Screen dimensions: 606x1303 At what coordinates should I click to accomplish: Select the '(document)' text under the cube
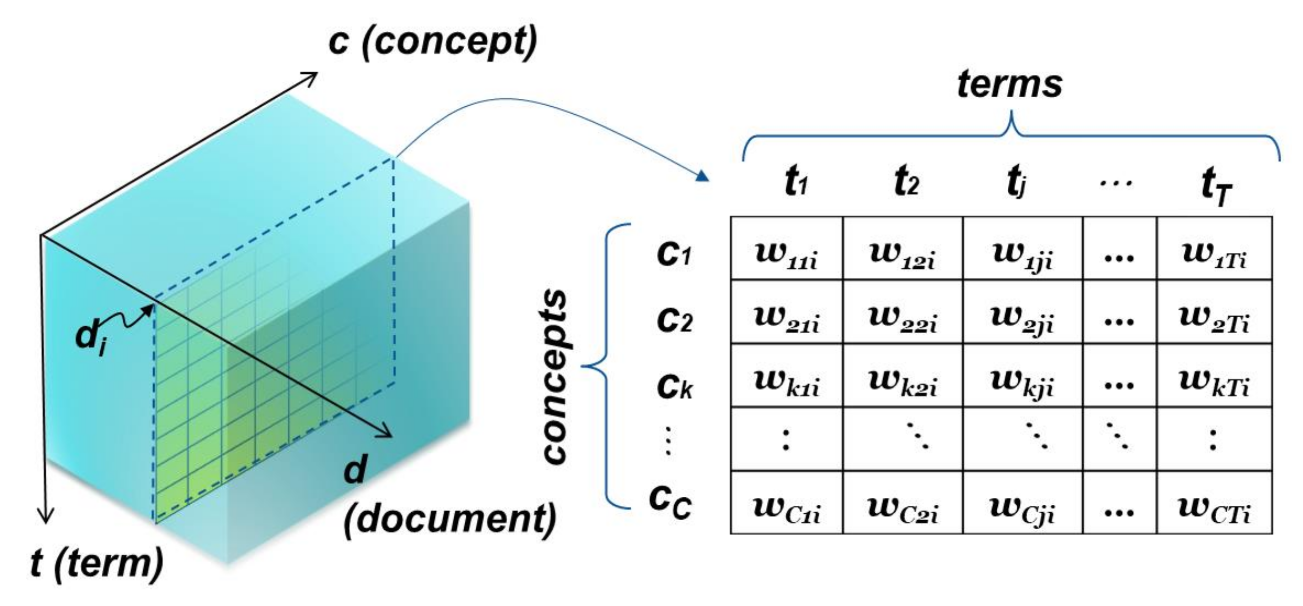[450, 519]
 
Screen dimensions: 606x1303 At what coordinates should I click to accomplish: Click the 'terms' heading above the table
[1009, 84]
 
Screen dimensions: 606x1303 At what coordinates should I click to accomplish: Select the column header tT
[1216, 187]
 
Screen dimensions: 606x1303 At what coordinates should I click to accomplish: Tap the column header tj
[1015, 183]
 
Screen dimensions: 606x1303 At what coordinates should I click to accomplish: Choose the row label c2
[674, 320]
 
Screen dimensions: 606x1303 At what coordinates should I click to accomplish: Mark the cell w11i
[786, 254]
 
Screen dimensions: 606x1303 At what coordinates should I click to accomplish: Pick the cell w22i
[903, 319]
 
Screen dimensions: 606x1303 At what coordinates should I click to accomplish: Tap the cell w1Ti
[1214, 254]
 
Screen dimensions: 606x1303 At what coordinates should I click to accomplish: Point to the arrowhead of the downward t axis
[46, 517]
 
